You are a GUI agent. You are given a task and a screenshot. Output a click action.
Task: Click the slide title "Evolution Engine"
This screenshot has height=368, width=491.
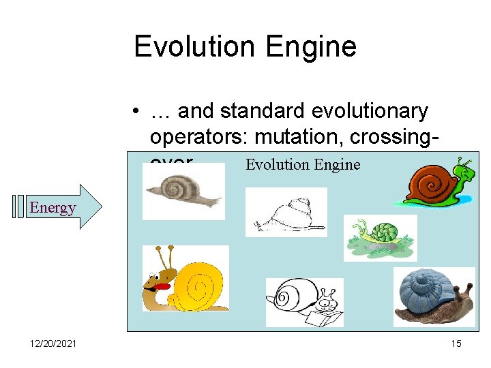245,46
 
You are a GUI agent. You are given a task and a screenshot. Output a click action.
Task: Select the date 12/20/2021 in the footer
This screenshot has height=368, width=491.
53,343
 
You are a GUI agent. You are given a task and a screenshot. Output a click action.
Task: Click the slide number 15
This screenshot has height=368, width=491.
456,343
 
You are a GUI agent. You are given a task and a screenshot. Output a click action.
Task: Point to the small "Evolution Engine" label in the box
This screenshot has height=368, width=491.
302,164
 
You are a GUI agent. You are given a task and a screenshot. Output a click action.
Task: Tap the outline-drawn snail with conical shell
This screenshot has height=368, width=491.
285,213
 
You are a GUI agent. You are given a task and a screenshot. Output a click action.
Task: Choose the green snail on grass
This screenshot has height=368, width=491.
379,236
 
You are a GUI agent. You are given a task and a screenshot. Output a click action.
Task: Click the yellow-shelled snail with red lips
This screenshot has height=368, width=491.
184,279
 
